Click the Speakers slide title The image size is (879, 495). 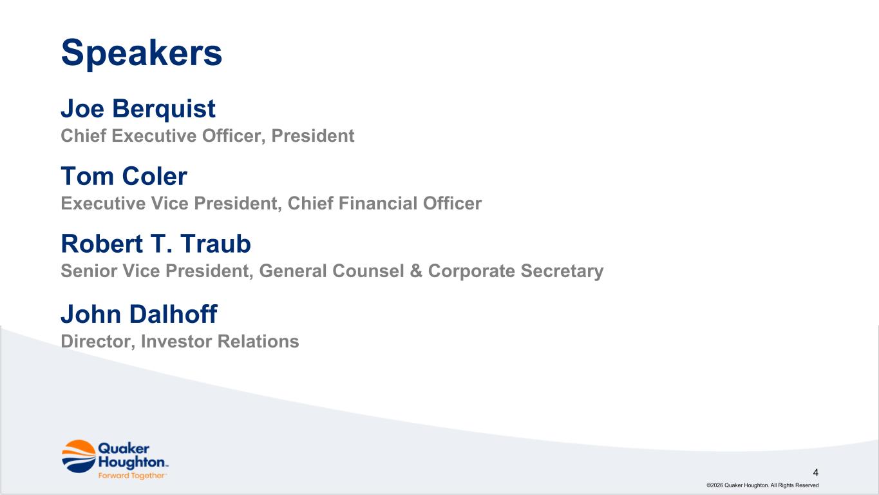pos(142,53)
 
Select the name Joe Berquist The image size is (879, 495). pos(138,109)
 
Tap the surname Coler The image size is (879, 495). pos(155,176)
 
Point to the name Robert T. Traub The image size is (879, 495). pos(156,244)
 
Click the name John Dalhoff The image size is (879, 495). pos(139,314)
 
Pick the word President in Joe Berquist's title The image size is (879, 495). pos(313,136)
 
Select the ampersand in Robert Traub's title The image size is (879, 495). pos(416,271)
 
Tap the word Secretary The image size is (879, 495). pos(562,271)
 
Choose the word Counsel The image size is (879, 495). pos(368,271)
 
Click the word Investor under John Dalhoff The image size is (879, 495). pos(176,342)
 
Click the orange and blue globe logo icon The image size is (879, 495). pos(79,456)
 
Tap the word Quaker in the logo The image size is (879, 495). pos(124,449)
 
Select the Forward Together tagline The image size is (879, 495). pos(132,476)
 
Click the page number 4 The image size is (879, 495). pos(815,472)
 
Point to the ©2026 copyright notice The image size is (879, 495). pos(762,485)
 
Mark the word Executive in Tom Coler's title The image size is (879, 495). pos(103,204)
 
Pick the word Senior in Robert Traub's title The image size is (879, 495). pos(89,271)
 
